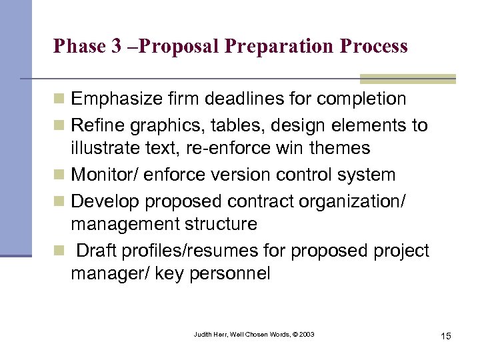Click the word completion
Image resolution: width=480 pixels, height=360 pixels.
[361, 99]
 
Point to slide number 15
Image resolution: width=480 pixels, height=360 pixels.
[445, 335]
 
